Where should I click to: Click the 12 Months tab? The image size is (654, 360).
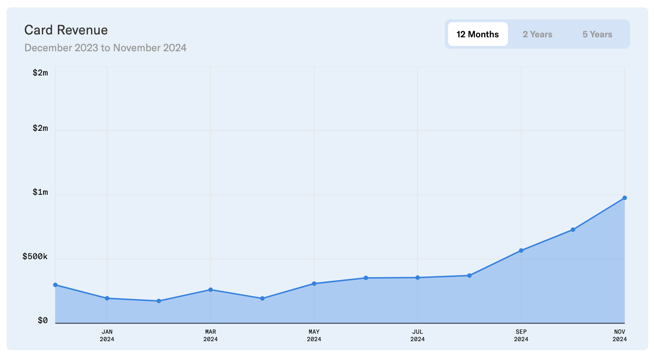click(x=478, y=34)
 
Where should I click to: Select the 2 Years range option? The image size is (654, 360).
click(x=537, y=34)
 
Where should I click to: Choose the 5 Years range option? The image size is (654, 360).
click(x=597, y=34)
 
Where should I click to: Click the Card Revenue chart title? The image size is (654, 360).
click(x=66, y=30)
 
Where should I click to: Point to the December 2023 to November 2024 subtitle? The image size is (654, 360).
click(x=105, y=48)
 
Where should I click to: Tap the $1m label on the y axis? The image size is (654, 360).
click(x=40, y=192)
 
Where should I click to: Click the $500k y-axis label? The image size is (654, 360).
click(x=35, y=257)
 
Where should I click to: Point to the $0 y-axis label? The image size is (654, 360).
click(x=43, y=321)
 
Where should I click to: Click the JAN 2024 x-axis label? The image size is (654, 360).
click(x=107, y=335)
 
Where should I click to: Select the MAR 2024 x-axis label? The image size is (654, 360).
click(x=210, y=335)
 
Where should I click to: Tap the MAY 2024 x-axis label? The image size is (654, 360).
click(x=314, y=335)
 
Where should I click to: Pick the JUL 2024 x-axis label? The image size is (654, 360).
click(x=418, y=335)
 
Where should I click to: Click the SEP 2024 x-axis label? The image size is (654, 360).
click(x=521, y=335)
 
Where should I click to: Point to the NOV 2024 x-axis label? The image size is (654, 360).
click(x=620, y=335)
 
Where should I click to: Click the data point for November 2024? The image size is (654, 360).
click(x=624, y=198)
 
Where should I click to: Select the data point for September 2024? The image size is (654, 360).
click(x=521, y=251)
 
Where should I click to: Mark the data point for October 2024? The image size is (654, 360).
click(x=573, y=230)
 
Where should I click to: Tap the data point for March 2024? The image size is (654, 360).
click(x=210, y=289)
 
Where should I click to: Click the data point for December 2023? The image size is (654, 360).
click(x=55, y=285)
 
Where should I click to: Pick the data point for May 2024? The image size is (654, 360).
click(x=314, y=283)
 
